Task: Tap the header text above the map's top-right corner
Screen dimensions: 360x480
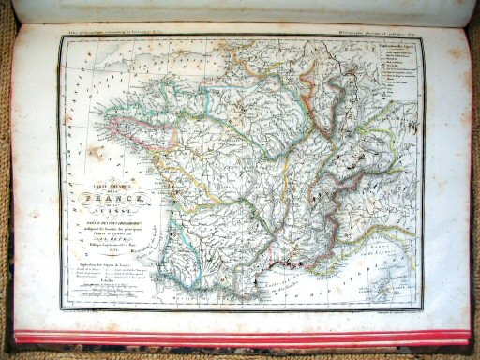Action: tap(375, 35)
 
